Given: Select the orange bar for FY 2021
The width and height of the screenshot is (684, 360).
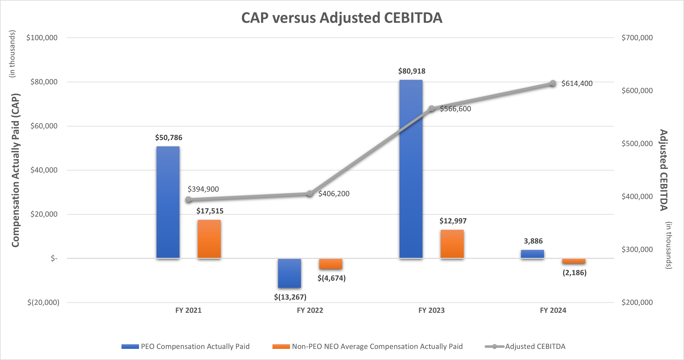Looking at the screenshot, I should tap(209, 239).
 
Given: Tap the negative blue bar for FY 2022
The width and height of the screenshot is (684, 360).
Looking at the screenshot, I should tap(289, 273).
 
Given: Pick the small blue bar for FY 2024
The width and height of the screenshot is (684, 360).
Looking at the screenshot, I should tap(532, 254).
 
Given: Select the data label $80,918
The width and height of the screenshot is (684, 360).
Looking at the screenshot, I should tap(412, 71).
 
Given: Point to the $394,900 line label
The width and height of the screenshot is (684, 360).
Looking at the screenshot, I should tap(203, 189).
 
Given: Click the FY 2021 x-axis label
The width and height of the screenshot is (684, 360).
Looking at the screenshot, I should tap(188, 310).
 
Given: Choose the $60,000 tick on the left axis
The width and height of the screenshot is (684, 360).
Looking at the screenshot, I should tap(44, 126).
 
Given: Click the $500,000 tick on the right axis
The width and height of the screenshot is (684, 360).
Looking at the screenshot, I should tap(637, 144).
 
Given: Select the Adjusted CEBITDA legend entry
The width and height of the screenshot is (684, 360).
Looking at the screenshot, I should tap(535, 346).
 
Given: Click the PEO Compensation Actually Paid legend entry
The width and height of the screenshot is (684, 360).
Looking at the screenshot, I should tap(195, 346).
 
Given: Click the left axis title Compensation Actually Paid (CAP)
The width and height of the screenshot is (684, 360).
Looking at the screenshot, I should tap(15, 170).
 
